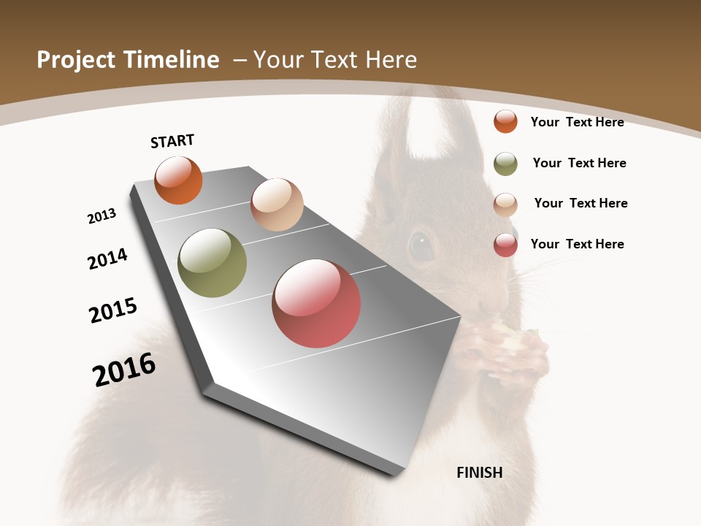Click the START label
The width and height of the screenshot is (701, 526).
point(172,141)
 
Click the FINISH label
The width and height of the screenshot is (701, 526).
point(479,473)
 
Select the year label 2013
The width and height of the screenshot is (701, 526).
point(101,216)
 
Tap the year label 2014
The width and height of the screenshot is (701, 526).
point(107,259)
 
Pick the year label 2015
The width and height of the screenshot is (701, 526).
point(113,310)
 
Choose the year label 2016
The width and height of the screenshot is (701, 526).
point(124,370)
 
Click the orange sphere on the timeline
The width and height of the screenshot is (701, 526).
point(179,180)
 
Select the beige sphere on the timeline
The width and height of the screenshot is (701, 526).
point(277,205)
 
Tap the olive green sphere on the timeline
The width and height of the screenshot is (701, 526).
point(212,263)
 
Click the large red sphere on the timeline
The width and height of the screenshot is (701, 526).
point(316,303)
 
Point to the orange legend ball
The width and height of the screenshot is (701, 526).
point(505,121)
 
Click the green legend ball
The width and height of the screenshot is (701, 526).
point(505,164)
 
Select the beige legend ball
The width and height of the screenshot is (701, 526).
point(505,205)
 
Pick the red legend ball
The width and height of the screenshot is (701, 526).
point(505,245)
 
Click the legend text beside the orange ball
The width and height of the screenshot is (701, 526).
point(577,122)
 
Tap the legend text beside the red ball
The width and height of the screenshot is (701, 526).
point(577,244)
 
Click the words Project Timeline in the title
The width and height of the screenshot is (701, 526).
point(128,60)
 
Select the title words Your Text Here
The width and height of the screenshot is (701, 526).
point(334,60)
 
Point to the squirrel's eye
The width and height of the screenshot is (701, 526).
point(421,246)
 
